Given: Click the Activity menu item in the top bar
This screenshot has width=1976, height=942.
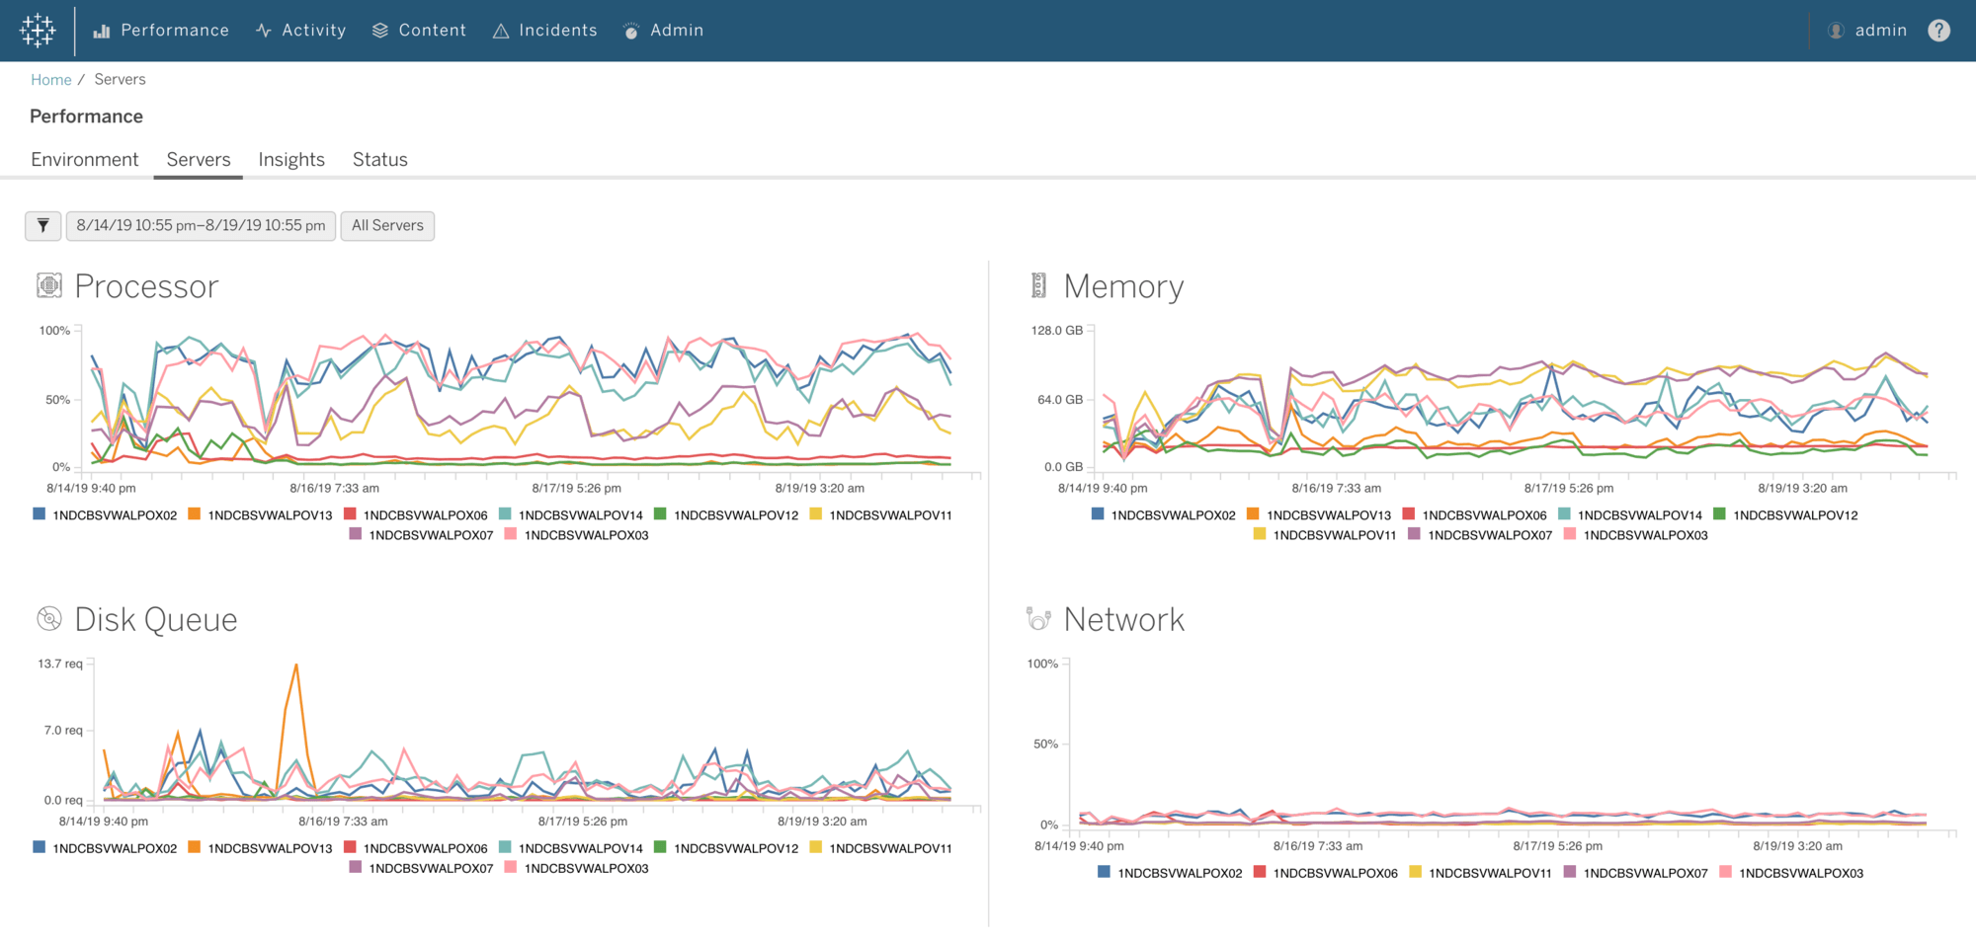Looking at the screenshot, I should pyautogui.click(x=301, y=31).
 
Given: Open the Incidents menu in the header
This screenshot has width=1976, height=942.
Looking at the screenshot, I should pyautogui.click(x=545, y=31).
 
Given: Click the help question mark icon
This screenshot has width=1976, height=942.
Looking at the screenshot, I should pyautogui.click(x=1938, y=31).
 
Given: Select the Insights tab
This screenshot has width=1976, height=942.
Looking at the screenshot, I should pyautogui.click(x=291, y=160).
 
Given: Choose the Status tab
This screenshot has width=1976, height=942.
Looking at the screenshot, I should pyautogui.click(x=379, y=160).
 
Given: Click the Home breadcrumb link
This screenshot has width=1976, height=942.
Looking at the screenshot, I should pyautogui.click(x=51, y=80).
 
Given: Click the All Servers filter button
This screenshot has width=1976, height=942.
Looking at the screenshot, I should pyautogui.click(x=387, y=226).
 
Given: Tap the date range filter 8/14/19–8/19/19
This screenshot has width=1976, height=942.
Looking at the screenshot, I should pyautogui.click(x=201, y=226).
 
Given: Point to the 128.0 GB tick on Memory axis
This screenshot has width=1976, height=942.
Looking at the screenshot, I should pyautogui.click(x=1056, y=331).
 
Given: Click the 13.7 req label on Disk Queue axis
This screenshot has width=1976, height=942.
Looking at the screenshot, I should pyautogui.click(x=60, y=664).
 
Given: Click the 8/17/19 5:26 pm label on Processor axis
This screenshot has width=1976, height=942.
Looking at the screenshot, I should pyautogui.click(x=576, y=489).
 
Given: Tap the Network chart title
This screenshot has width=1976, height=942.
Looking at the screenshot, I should pyautogui.click(x=1123, y=620).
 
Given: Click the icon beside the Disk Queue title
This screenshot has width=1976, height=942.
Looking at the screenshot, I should pyautogui.click(x=49, y=619).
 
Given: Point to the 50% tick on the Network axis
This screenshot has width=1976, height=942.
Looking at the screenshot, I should pyautogui.click(x=1045, y=745).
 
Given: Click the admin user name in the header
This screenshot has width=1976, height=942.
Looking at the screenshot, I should pyautogui.click(x=1879, y=31).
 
